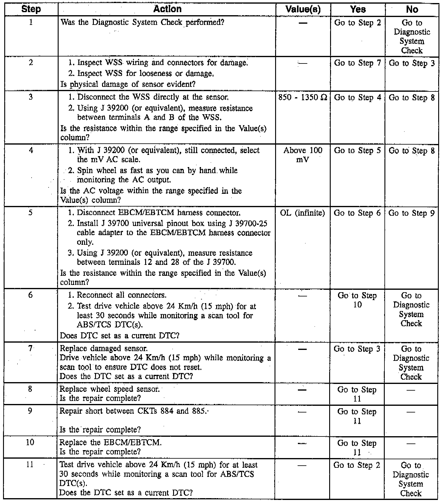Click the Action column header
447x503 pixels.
(x=167, y=9)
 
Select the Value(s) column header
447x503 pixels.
(x=303, y=9)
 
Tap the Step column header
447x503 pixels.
(x=31, y=9)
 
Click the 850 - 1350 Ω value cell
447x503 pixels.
(x=303, y=98)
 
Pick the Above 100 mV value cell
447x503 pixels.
(x=303, y=155)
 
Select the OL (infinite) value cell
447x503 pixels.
(x=302, y=213)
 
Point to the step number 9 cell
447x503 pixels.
(x=30, y=411)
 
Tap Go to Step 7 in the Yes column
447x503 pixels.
(x=357, y=63)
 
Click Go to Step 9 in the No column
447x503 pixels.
(x=411, y=213)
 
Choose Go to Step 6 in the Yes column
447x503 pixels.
(x=357, y=213)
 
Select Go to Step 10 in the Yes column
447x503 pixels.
(x=357, y=300)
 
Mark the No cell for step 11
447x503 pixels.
(x=411, y=479)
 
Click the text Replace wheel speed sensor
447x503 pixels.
(x=110, y=389)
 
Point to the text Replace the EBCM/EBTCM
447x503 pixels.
(x=111, y=443)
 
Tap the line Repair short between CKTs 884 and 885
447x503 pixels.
(x=134, y=411)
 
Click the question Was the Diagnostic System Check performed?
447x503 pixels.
(x=142, y=22)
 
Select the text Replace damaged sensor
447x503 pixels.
(x=104, y=349)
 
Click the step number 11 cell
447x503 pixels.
(x=30, y=465)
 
